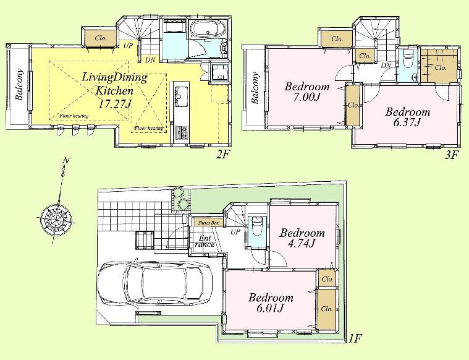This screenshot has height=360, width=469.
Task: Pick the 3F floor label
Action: click(x=452, y=155)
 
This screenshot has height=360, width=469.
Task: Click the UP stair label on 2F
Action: click(x=128, y=45)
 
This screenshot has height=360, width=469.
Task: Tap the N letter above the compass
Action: click(x=66, y=163)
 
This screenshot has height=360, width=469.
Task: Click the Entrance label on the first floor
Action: click(x=206, y=241)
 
